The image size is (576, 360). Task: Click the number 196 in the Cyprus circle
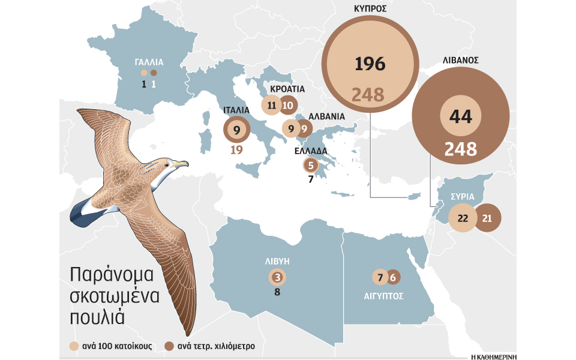pyautogui.click(x=370, y=64)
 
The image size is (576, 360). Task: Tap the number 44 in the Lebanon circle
pyautogui.click(x=460, y=117)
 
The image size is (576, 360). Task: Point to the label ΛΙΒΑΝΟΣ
pyautogui.click(x=460, y=60)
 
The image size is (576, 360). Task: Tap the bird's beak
pyautogui.click(x=182, y=163)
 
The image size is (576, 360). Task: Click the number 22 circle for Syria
pyautogui.click(x=463, y=218)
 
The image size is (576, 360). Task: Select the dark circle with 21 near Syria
pyautogui.click(x=487, y=218)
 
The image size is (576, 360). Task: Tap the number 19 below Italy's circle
pyautogui.click(x=236, y=150)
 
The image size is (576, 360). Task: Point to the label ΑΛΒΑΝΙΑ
pyautogui.click(x=326, y=116)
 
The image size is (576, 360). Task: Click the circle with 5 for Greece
pyautogui.click(x=310, y=165)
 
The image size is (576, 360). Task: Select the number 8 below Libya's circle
pyautogui.click(x=277, y=293)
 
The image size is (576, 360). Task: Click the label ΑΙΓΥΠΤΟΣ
pyautogui.click(x=383, y=296)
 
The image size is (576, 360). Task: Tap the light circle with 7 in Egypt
pyautogui.click(x=379, y=277)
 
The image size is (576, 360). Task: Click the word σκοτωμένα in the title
pyautogui.click(x=112, y=295)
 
